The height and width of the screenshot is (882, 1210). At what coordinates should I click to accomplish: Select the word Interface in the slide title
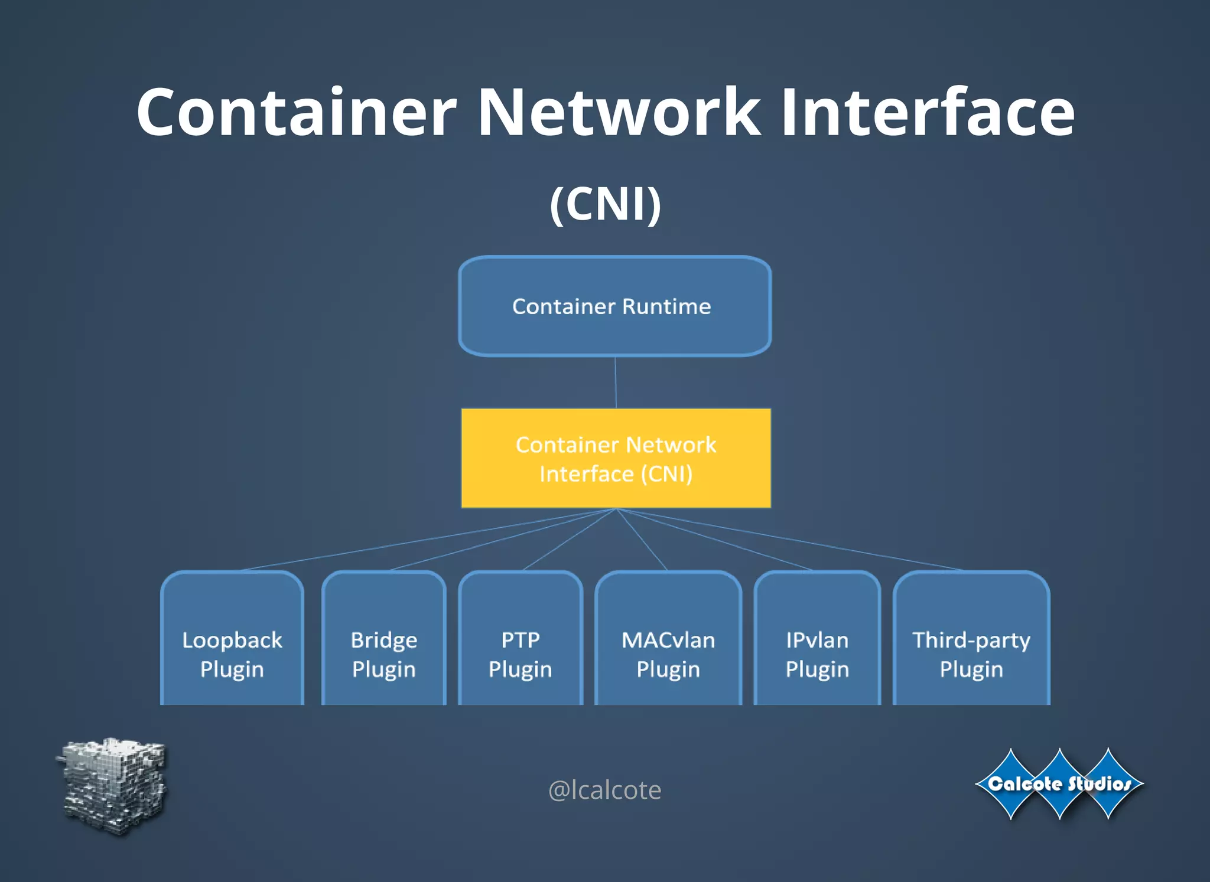[x=927, y=112]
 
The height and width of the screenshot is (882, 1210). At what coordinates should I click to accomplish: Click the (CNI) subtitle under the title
[x=605, y=204]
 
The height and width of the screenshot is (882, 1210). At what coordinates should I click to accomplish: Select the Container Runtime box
[x=614, y=306]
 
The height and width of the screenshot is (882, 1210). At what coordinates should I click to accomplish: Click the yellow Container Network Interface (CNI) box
[x=616, y=458]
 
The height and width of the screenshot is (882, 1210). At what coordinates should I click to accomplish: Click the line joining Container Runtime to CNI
[x=616, y=382]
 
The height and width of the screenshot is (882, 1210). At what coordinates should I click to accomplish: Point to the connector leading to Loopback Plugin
[x=428, y=540]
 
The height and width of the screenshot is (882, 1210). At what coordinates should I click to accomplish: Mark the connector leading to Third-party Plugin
[x=792, y=540]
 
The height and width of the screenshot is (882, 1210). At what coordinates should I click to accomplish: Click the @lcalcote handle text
[x=605, y=790]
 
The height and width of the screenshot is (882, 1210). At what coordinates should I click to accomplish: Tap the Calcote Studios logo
[x=1059, y=784]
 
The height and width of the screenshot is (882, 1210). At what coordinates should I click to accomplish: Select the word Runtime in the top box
[x=666, y=306]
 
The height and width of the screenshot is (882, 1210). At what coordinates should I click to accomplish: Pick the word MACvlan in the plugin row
[x=668, y=640]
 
